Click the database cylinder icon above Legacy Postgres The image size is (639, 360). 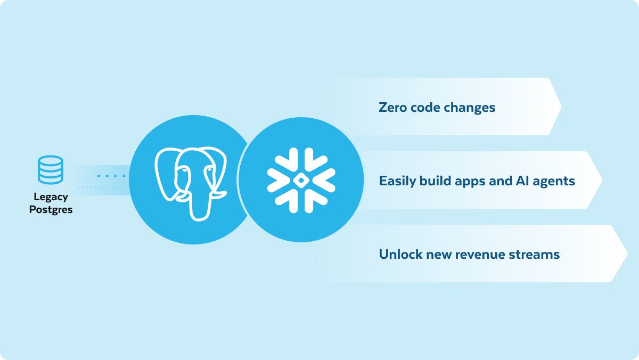[51, 170]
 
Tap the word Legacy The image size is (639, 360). [51, 197]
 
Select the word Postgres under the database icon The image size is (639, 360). [51, 210]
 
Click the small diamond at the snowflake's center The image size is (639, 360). [301, 181]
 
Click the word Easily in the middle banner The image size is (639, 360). [397, 181]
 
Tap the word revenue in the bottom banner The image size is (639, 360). [480, 255]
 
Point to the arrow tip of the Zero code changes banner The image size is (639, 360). [561, 107]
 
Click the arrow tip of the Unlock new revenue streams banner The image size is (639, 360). [627, 253]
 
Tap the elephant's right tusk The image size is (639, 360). [218, 194]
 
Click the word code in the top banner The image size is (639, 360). [425, 107]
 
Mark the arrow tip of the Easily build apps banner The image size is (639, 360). [602, 179]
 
